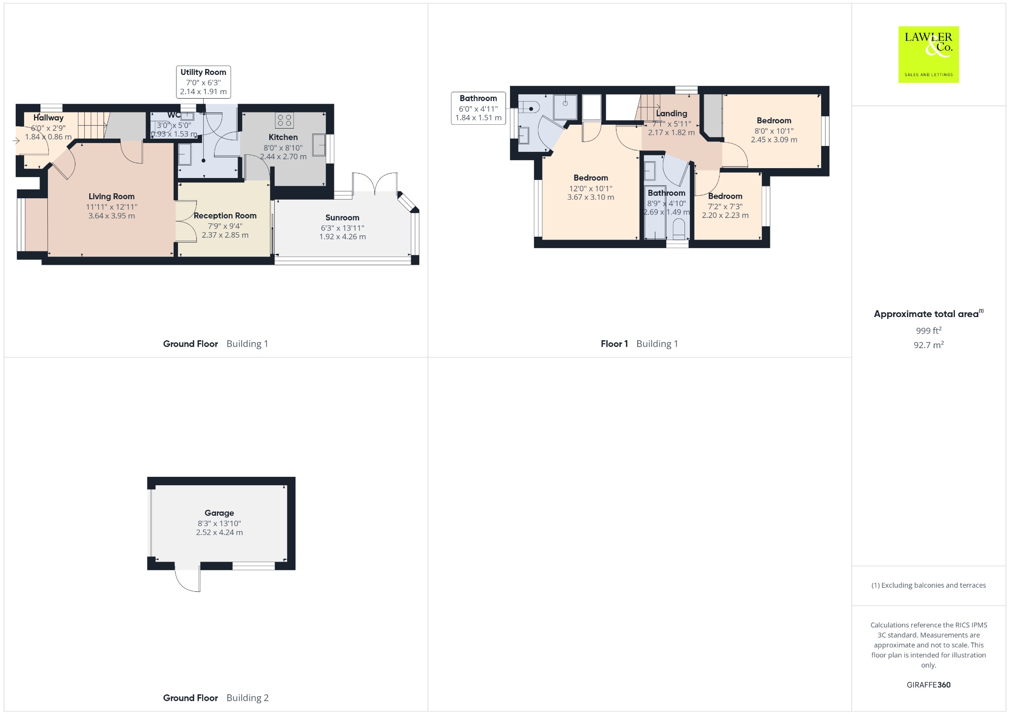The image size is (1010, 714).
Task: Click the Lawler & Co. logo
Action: (x=928, y=54)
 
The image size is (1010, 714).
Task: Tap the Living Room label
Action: (x=111, y=196)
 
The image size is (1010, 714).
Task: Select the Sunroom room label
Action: (x=342, y=217)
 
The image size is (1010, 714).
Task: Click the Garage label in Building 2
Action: (x=219, y=513)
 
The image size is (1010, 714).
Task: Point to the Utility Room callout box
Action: (x=203, y=82)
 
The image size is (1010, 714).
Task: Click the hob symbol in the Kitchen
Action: (x=285, y=120)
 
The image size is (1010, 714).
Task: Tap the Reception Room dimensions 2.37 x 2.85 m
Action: (x=225, y=235)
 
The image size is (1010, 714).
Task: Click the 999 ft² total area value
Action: (x=929, y=330)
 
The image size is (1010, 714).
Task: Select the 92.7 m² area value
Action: (x=929, y=345)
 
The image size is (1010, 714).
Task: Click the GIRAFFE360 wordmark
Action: (x=929, y=684)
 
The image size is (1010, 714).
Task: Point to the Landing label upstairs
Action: (x=671, y=113)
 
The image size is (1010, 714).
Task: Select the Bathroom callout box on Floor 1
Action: (x=478, y=108)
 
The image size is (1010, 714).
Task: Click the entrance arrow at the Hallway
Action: (x=16, y=141)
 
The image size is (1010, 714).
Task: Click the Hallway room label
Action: (x=48, y=117)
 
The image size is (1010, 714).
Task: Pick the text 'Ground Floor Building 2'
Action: (x=216, y=698)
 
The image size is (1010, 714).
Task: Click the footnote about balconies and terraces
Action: (x=929, y=585)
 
